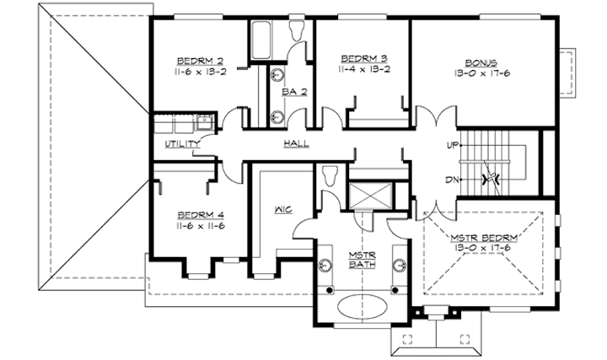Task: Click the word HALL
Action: tap(295, 144)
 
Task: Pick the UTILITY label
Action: tap(182, 144)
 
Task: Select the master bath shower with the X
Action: tap(368, 196)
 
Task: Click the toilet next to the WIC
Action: tap(330, 178)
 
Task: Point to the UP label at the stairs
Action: tap(453, 145)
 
